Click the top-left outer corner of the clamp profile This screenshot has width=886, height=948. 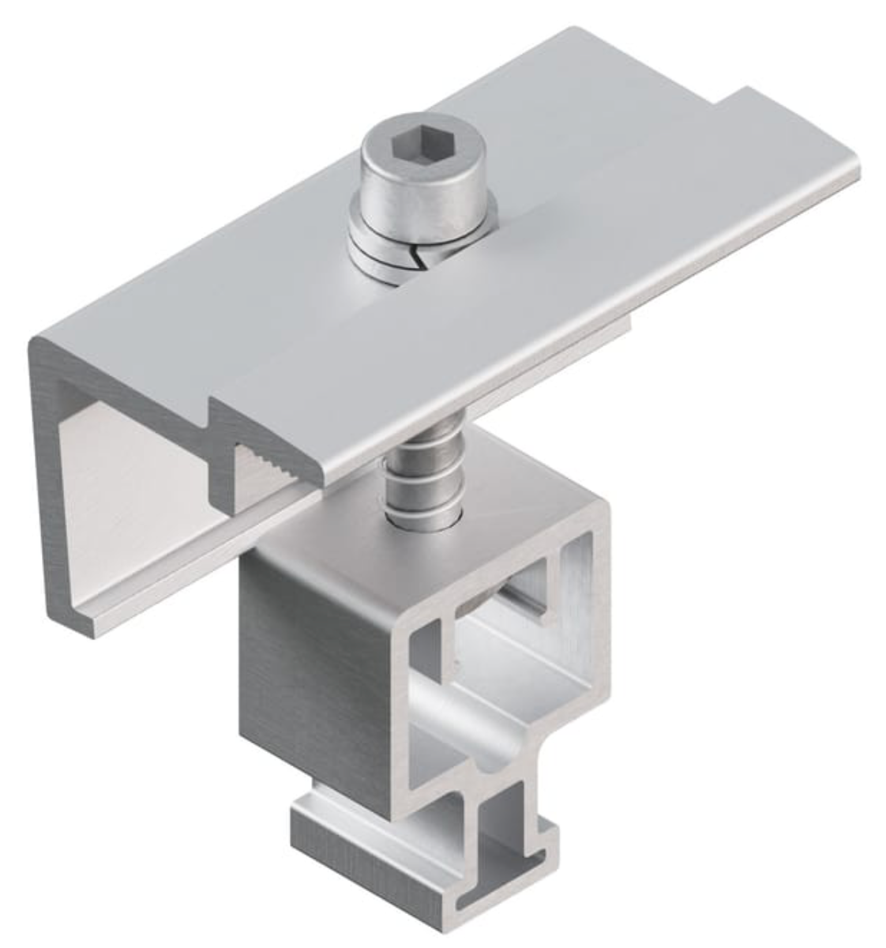[36, 344]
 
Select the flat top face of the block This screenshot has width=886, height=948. [379, 557]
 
